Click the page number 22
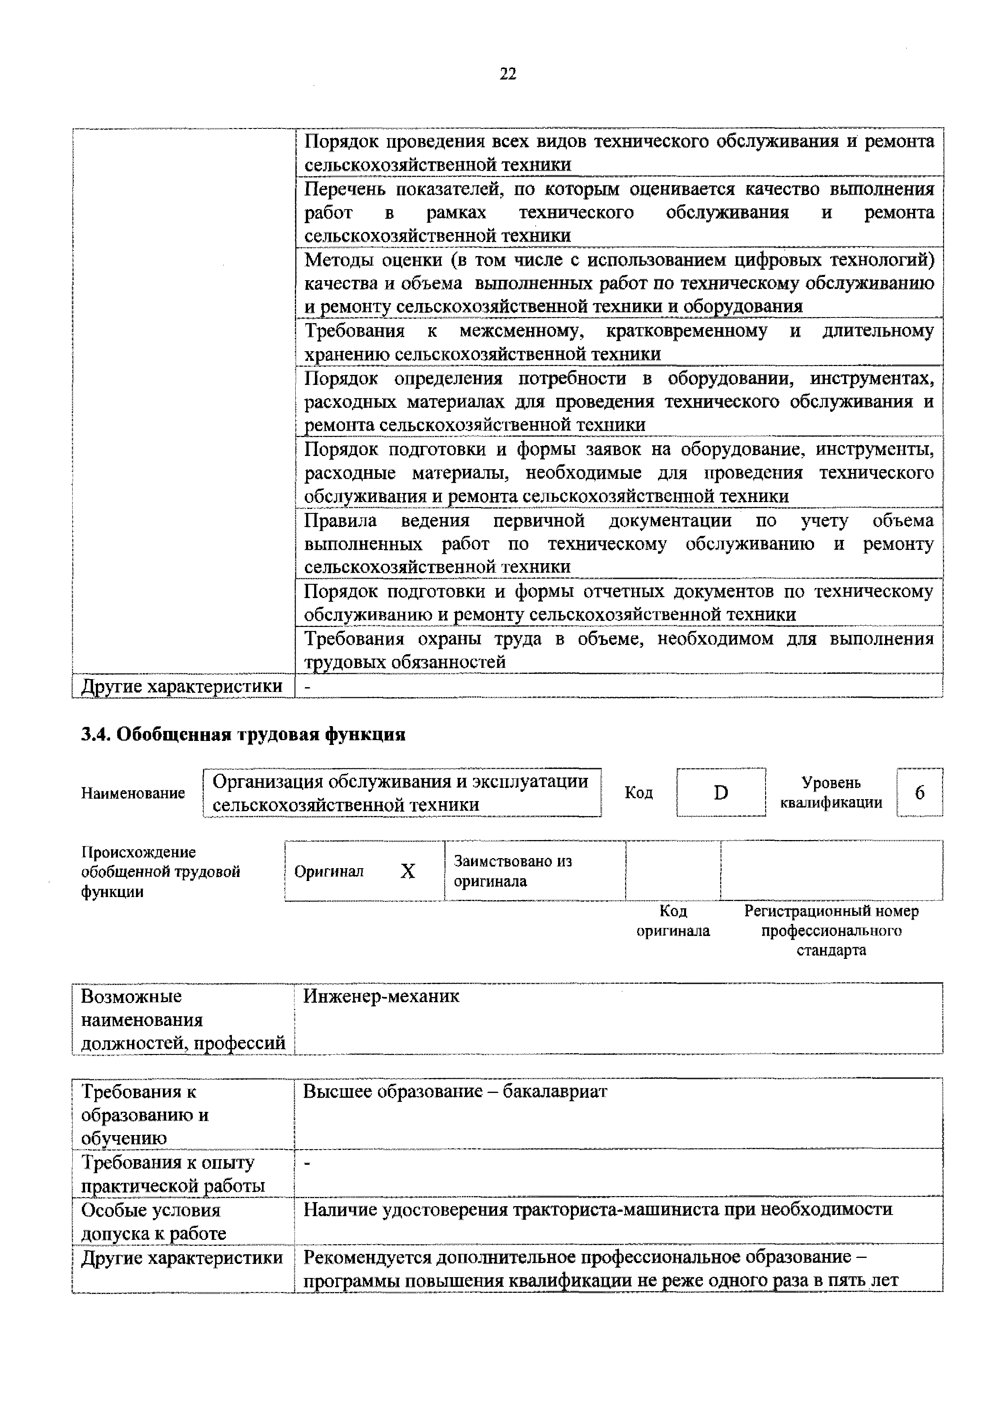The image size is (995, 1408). [508, 74]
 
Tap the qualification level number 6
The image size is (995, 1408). [919, 793]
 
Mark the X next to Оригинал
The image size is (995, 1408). [408, 871]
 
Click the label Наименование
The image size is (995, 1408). [133, 794]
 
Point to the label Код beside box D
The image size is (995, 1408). [638, 793]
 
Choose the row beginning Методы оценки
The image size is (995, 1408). [619, 283]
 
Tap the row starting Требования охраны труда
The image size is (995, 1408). [619, 650]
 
